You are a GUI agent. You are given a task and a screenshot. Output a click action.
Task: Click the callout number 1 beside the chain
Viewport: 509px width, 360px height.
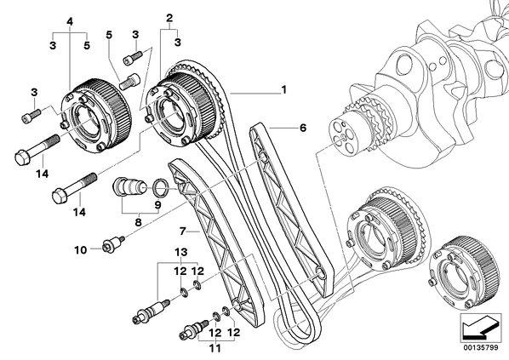tap(284, 89)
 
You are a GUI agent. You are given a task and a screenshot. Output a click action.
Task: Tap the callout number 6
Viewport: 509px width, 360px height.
tap(303, 128)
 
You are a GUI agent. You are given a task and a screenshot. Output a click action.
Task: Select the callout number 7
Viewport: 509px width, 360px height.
tap(183, 231)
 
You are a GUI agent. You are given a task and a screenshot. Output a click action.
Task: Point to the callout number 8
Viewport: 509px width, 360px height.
tap(138, 222)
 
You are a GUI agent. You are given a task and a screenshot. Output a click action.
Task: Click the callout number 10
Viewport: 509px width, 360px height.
tap(81, 250)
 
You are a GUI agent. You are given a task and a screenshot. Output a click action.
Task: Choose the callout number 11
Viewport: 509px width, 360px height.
tap(214, 348)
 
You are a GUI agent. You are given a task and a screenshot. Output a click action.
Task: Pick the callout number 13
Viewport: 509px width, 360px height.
tap(181, 252)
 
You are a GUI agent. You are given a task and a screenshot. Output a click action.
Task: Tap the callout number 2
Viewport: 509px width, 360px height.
tap(169, 18)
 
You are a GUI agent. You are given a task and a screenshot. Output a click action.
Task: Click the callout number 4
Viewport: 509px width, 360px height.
tap(70, 21)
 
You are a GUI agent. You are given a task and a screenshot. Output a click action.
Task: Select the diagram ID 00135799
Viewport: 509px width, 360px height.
tap(481, 348)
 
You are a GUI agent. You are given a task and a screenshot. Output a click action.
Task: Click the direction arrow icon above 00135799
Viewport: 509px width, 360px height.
tap(481, 328)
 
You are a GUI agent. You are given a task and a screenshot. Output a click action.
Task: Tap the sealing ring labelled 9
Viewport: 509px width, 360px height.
tap(161, 187)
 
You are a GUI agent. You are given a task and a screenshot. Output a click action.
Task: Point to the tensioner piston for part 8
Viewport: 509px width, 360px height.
tap(129, 188)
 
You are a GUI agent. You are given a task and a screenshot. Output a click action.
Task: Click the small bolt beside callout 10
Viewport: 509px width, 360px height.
tap(113, 245)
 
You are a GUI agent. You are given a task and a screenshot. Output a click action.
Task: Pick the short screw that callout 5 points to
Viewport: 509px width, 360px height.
tap(129, 81)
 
